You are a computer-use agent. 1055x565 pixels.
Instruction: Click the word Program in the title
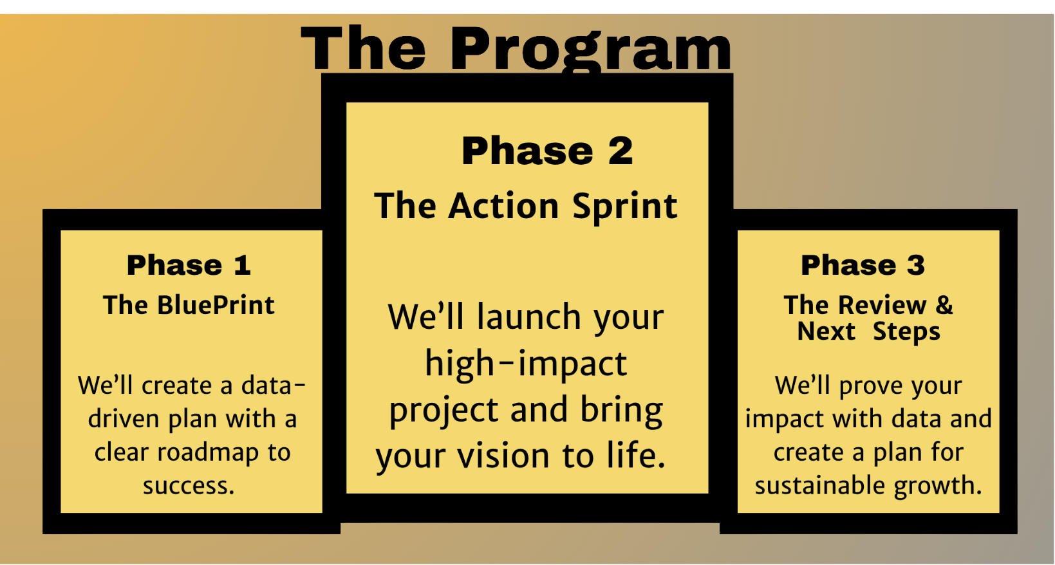[x=591, y=50]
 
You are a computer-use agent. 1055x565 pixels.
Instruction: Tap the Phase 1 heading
[x=189, y=265]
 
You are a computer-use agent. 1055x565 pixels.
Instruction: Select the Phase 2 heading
[x=547, y=151]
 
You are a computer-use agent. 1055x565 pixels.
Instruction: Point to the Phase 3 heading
[x=863, y=265]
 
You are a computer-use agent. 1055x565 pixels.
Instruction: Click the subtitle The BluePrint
[x=189, y=305]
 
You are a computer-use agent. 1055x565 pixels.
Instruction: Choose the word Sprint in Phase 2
[x=625, y=207]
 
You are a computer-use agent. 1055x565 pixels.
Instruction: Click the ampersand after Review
[x=944, y=305]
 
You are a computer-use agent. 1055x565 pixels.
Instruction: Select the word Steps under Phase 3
[x=907, y=332]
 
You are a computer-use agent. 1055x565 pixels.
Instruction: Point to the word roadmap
[x=208, y=452]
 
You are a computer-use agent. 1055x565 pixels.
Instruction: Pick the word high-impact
[x=526, y=364]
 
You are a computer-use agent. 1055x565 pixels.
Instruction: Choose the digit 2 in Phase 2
[x=621, y=151]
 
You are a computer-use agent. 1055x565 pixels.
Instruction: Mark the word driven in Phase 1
[x=124, y=418]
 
